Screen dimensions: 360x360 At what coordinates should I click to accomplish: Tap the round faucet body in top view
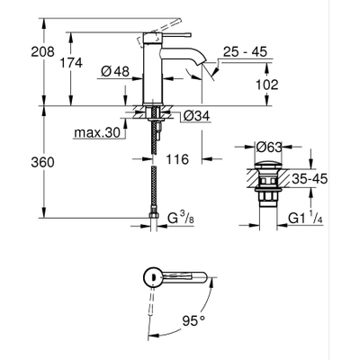[x=155, y=278]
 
